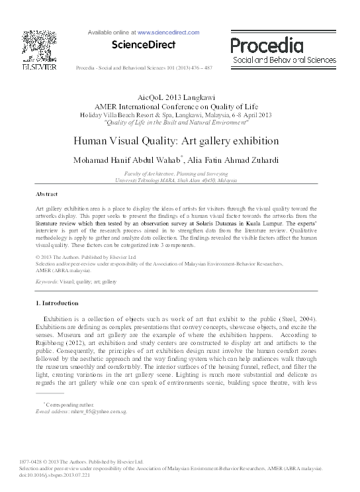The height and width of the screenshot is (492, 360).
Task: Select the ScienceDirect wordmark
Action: [144, 45]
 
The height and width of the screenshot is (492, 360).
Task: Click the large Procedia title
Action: [267, 46]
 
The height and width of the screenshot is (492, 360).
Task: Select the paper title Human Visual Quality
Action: [175, 141]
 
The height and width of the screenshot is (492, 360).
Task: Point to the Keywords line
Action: [75, 281]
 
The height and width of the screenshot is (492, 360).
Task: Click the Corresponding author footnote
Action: [68, 403]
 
